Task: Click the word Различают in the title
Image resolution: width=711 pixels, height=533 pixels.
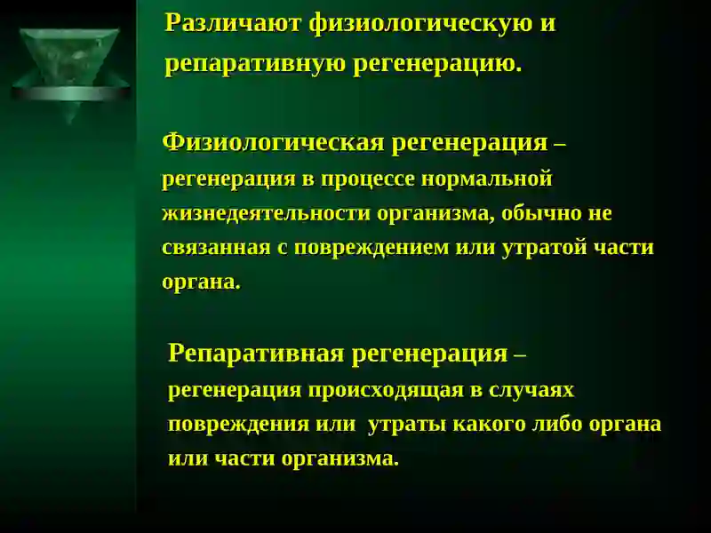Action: point(233,24)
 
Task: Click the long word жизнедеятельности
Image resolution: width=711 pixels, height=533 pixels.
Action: point(266,213)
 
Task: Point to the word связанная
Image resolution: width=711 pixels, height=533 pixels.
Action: point(216,248)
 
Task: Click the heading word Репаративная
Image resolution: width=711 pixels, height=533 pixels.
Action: point(256,354)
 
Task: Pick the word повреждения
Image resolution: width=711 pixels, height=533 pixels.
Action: point(238,425)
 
